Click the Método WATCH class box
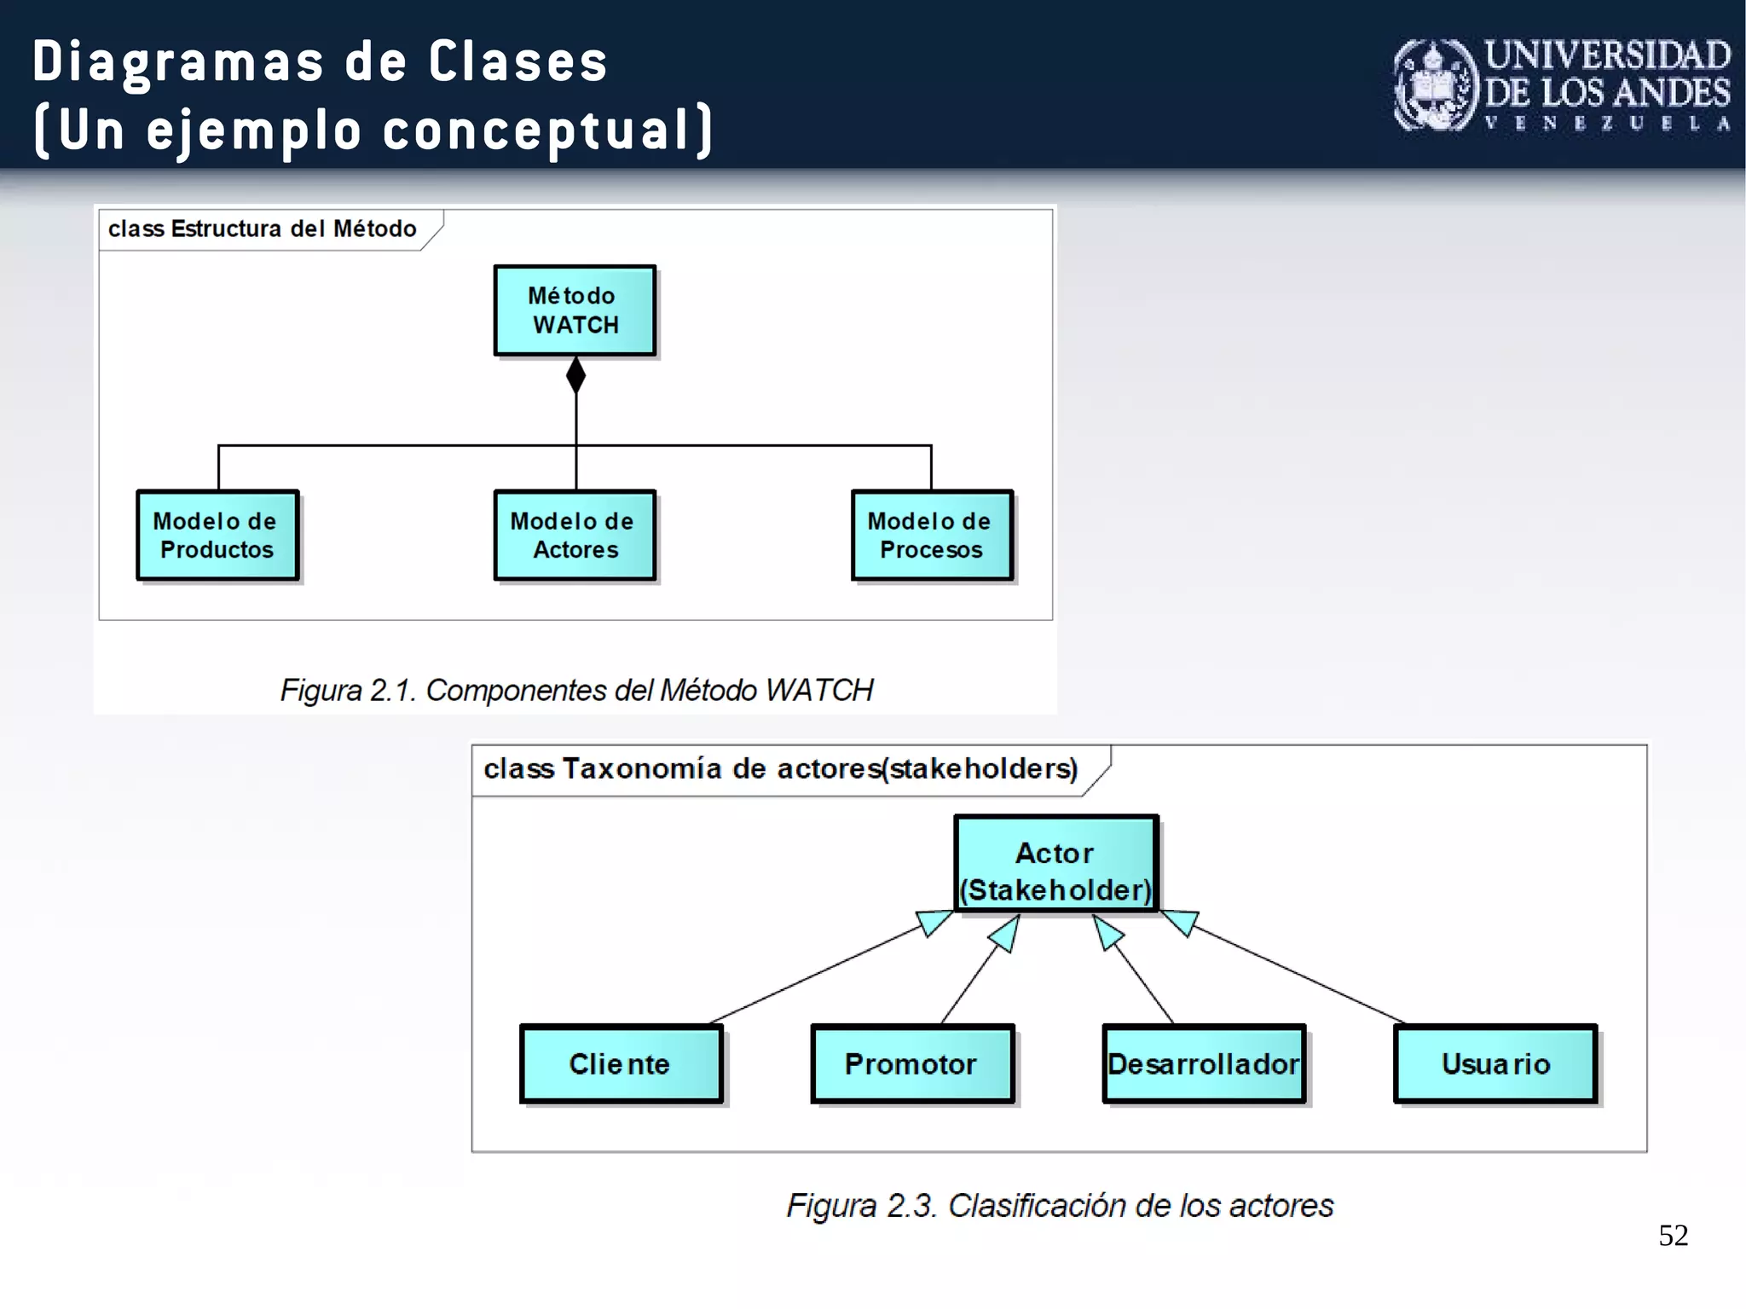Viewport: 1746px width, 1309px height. [x=575, y=310]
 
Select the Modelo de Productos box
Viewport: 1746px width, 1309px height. [x=217, y=536]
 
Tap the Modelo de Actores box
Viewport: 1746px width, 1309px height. [x=575, y=536]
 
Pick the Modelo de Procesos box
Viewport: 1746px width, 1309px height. [x=932, y=536]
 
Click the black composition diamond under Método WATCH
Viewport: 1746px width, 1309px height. [x=576, y=375]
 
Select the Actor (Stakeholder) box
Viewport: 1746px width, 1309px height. [x=1055, y=864]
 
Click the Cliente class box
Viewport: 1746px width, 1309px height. [x=621, y=1063]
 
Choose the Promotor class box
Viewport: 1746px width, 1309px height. [x=912, y=1063]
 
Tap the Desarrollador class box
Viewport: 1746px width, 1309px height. [x=1204, y=1063]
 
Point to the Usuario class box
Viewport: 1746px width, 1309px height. [x=1495, y=1063]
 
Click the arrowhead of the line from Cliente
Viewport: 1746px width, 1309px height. [x=934, y=923]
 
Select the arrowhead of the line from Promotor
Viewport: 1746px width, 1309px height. [x=1006, y=934]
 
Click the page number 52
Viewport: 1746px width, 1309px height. [x=1673, y=1236]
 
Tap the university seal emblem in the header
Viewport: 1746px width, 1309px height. [x=1435, y=85]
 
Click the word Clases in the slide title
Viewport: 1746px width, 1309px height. [x=517, y=62]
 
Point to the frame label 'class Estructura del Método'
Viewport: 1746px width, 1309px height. [x=263, y=229]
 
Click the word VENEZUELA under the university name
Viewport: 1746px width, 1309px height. [x=1607, y=124]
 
